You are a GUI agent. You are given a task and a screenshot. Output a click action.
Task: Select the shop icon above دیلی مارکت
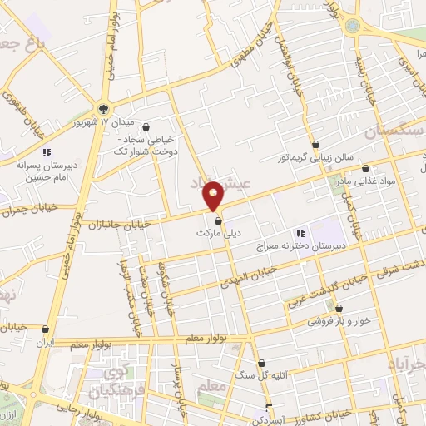[x=218, y=220]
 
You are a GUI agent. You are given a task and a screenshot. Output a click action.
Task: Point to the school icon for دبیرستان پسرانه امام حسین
[x=47, y=151]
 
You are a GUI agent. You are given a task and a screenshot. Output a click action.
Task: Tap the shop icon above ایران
[x=47, y=329]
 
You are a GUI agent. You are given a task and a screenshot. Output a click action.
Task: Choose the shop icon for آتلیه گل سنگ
[x=262, y=363]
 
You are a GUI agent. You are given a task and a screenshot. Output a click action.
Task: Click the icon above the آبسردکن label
[x=267, y=408]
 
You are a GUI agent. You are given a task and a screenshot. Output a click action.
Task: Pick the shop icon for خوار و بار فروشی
[x=339, y=309]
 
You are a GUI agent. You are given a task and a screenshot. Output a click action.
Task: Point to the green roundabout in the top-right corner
[x=353, y=25]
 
